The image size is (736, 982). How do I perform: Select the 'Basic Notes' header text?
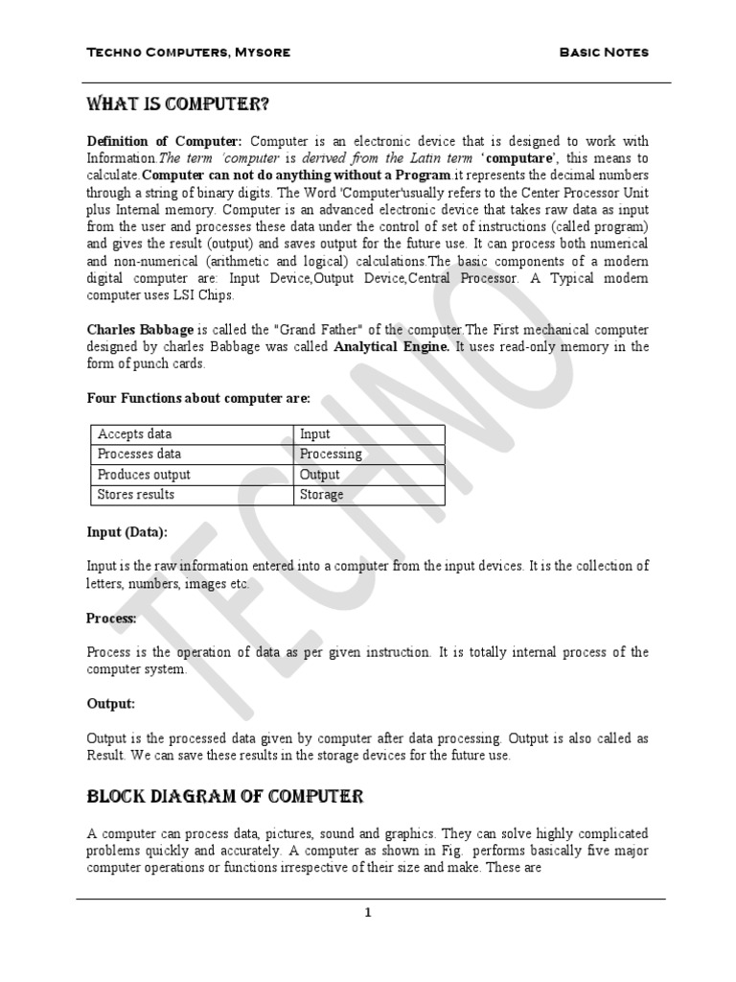(604, 52)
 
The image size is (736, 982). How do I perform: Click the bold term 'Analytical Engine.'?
(388, 346)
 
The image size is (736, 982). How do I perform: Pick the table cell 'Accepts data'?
(135, 434)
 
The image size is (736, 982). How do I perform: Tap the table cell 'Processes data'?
(140, 455)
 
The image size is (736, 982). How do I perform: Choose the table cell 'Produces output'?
(145, 475)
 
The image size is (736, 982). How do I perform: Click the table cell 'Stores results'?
(136, 495)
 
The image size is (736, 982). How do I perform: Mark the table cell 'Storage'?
(322, 495)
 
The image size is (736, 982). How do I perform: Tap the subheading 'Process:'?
(112, 619)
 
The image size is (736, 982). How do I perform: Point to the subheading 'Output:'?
(111, 704)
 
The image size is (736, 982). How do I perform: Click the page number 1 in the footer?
(367, 913)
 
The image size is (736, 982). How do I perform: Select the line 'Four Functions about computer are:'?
(198, 399)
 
